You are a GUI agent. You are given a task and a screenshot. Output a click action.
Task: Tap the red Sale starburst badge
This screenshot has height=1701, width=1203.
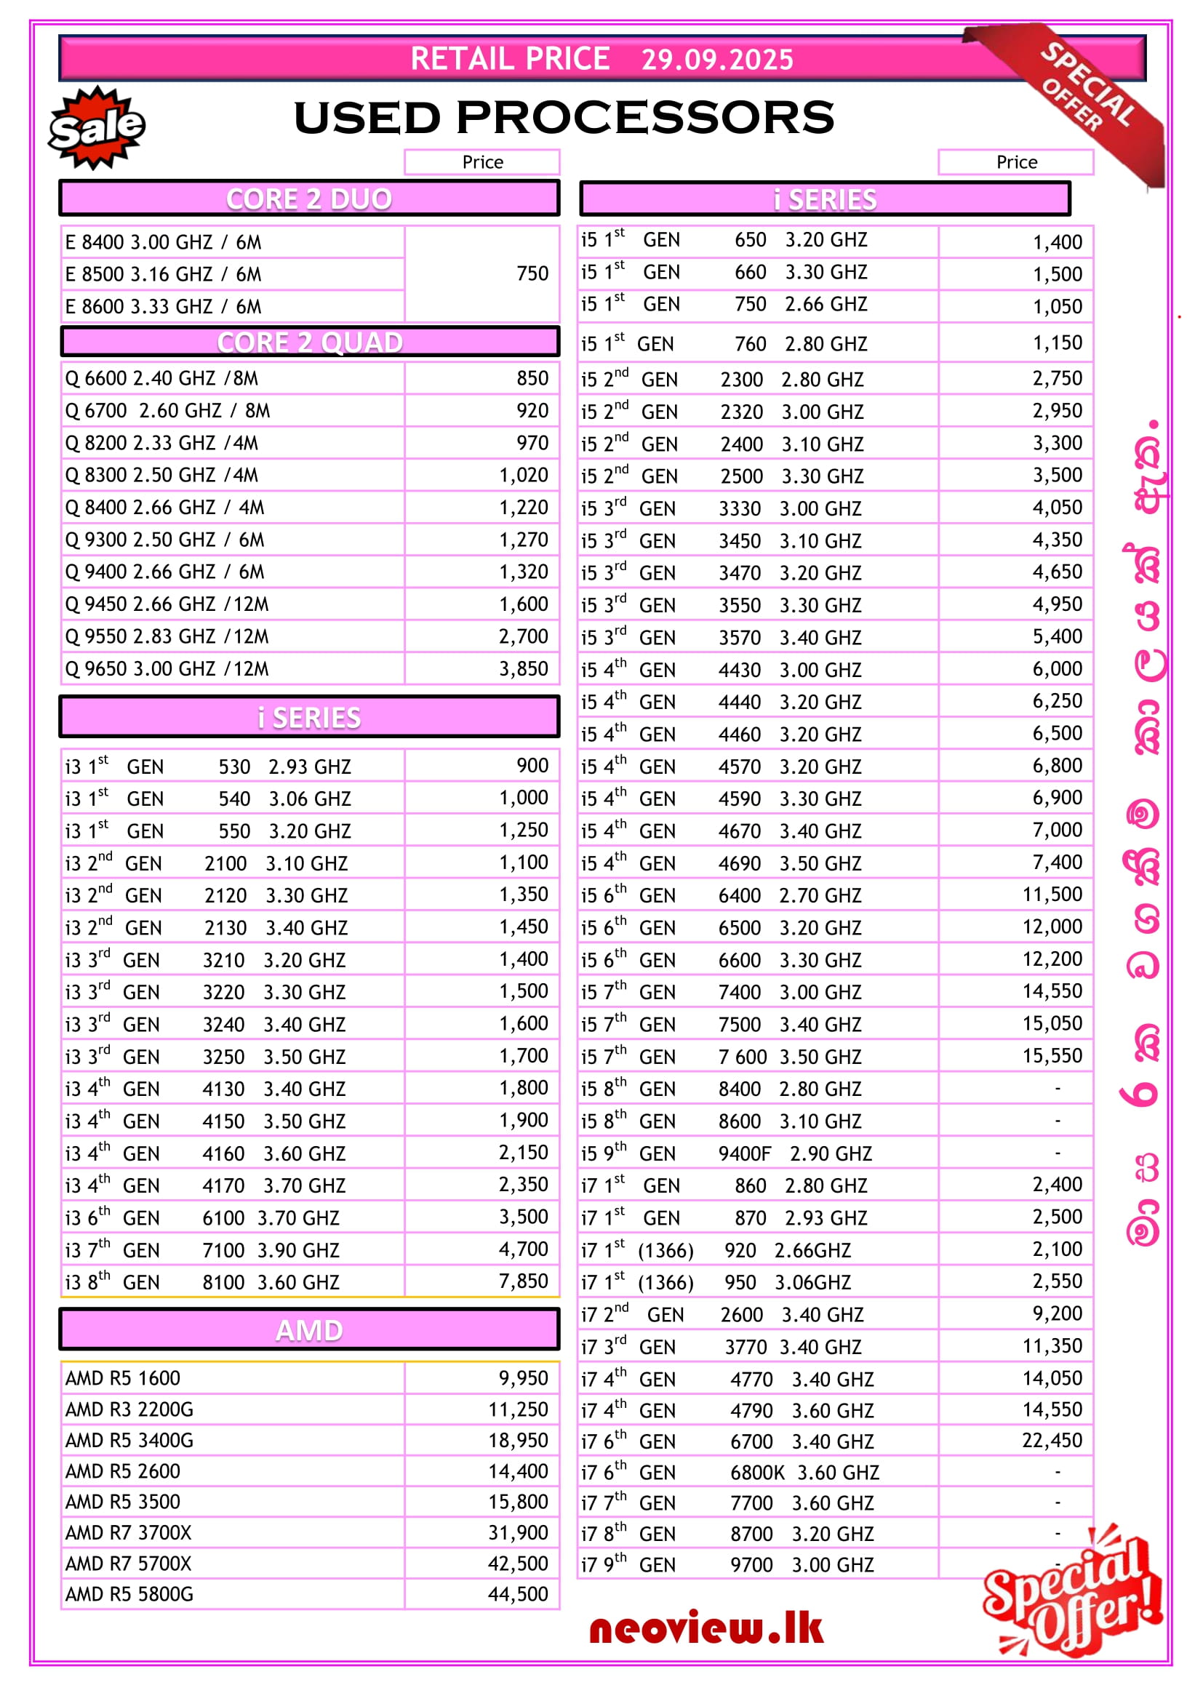pos(96,127)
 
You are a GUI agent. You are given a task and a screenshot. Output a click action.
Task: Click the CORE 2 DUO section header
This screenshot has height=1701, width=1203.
pos(309,199)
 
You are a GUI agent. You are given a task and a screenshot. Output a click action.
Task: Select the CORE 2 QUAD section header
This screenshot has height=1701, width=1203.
pos(309,343)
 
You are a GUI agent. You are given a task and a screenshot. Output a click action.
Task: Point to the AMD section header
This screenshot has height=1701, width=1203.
pos(309,1331)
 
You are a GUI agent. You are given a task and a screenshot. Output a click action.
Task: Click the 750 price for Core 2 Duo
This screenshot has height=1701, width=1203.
pos(532,273)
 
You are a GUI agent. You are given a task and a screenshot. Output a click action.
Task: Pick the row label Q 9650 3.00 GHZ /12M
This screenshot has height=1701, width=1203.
pos(167,669)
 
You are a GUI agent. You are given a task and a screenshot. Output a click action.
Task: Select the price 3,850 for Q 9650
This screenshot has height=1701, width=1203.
pos(523,669)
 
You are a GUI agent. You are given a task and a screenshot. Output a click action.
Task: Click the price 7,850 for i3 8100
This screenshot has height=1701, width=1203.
pos(523,1281)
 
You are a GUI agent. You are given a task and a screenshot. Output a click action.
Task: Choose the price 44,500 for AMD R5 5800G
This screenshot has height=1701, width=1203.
pos(518,1594)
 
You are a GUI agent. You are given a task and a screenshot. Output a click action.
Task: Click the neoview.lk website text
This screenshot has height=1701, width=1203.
pos(706,1629)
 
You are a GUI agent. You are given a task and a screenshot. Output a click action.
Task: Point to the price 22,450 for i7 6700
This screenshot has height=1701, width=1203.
pos(1052,1440)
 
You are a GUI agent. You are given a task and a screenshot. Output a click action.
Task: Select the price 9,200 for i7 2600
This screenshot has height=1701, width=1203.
pos(1057,1313)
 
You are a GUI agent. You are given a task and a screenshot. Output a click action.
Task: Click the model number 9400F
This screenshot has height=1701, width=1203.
pos(745,1153)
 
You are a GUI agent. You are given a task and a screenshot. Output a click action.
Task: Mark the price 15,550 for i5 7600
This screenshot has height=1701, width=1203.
pos(1052,1056)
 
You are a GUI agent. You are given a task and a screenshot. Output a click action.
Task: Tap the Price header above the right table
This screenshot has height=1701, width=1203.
pos(1016,162)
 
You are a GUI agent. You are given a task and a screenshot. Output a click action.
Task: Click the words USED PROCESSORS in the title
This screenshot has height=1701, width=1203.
pos(564,118)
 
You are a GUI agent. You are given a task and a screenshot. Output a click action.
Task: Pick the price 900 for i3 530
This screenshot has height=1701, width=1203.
pos(532,765)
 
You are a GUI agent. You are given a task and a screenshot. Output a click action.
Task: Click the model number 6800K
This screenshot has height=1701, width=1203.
pos(757,1472)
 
